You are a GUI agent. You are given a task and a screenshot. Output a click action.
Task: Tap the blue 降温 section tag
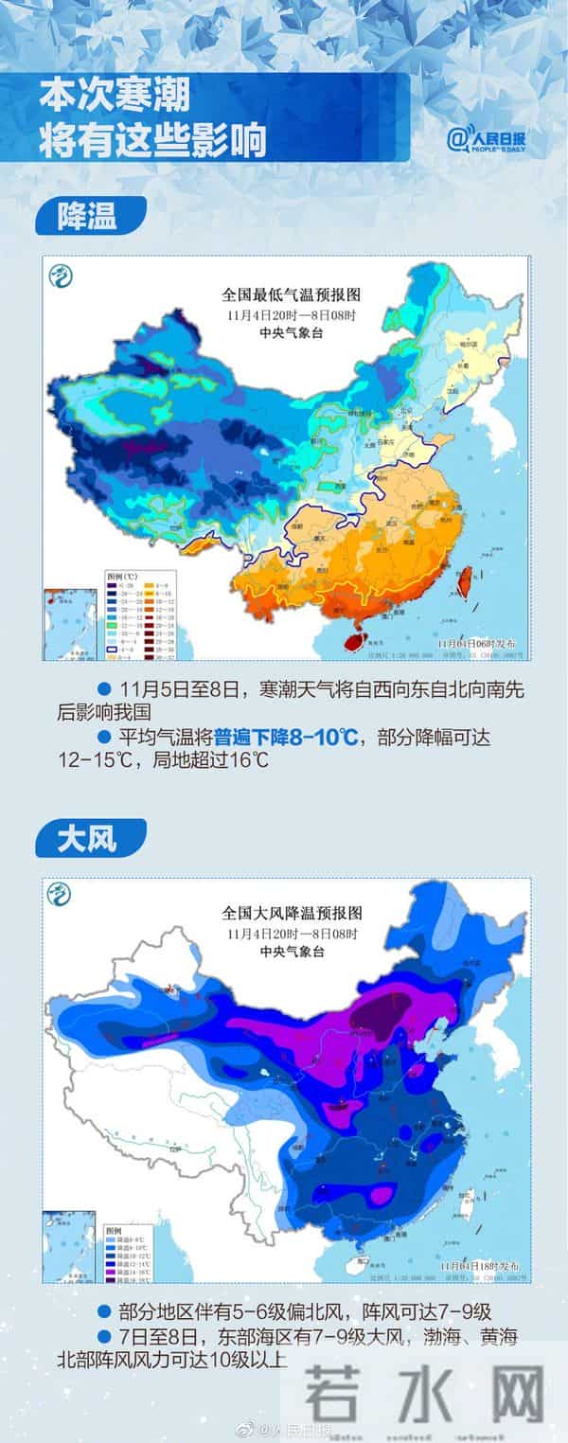87,216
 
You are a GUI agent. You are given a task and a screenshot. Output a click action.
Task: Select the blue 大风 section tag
87,839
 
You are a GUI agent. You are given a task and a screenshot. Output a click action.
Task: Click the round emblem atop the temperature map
62,276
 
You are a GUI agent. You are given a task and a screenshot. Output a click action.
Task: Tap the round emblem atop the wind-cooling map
61,894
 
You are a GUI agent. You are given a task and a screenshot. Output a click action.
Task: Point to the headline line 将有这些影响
151,142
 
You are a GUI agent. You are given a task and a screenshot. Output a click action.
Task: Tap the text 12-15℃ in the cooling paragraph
83,760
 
